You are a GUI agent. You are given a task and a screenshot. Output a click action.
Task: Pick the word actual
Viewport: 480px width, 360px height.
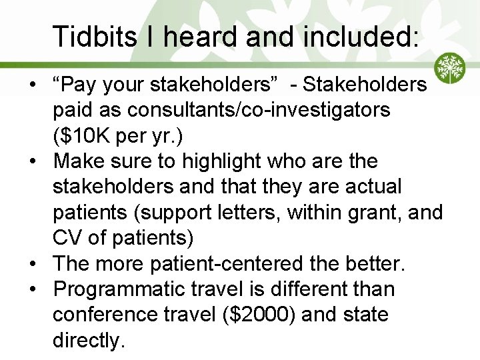point(383,187)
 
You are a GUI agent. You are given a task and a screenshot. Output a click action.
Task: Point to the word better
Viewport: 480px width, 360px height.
point(372,263)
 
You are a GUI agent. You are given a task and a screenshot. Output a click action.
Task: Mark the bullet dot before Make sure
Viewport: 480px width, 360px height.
point(32,161)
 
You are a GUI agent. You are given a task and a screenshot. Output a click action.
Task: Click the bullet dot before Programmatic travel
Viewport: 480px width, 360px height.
point(32,289)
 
